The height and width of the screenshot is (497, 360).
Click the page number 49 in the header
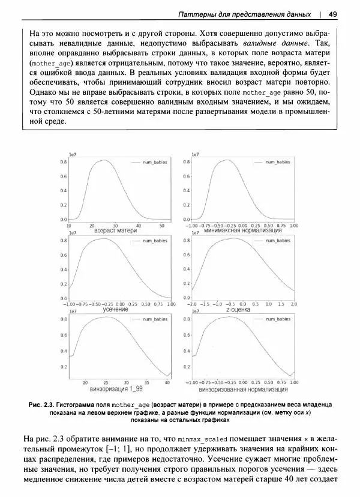coord(333,13)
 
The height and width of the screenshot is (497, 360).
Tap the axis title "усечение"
coord(115,309)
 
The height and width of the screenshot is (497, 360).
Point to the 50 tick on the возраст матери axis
coord(161,225)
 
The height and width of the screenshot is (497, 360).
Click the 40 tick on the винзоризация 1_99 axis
coord(167,382)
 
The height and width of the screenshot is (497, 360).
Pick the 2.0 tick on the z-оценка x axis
coord(294,304)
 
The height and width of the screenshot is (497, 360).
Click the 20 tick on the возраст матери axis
coord(92,225)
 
